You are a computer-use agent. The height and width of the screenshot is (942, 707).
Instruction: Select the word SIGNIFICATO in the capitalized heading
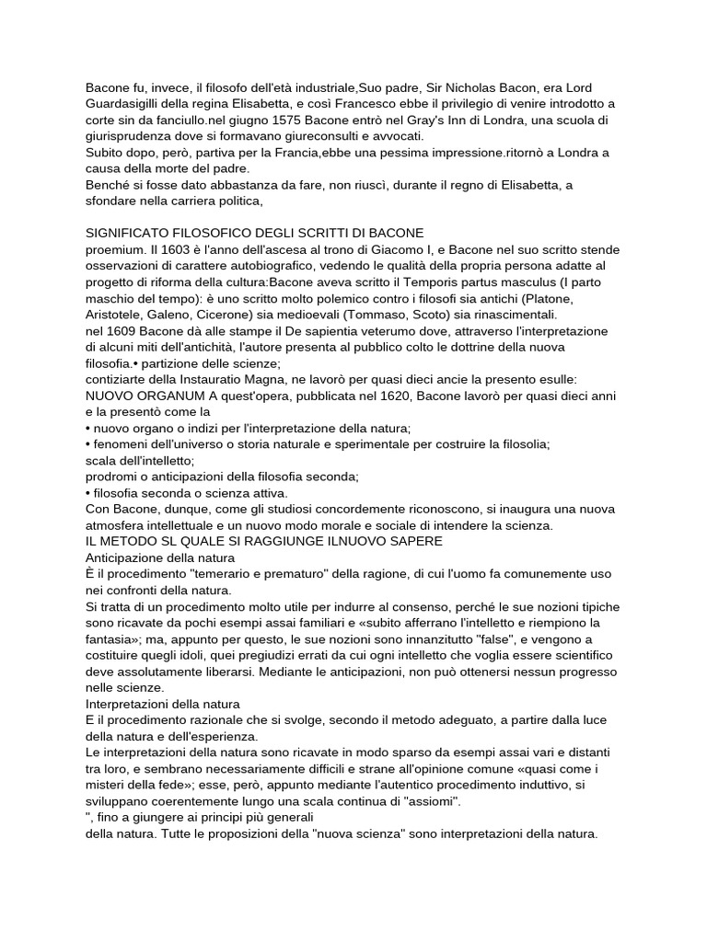pyautogui.click(x=133, y=233)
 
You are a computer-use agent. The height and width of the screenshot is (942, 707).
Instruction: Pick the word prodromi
pyautogui.click(x=113, y=476)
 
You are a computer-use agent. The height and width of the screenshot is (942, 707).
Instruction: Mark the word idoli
pyautogui.click(x=205, y=655)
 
